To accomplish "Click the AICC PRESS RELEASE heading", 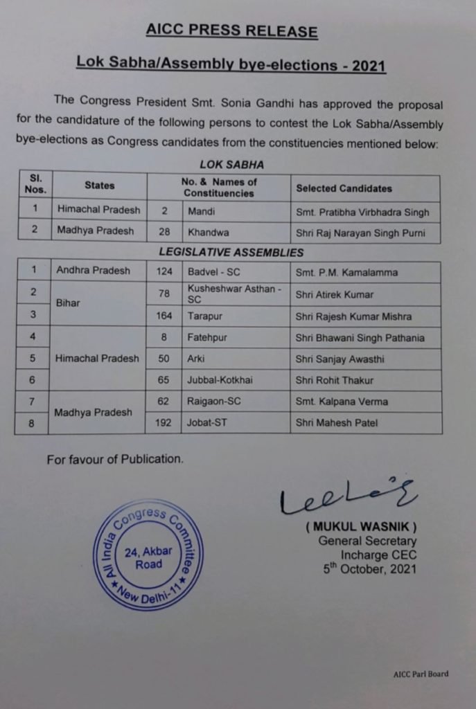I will (x=232, y=31).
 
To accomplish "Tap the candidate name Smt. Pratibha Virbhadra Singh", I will (x=362, y=212).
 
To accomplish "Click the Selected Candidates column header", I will (x=344, y=188).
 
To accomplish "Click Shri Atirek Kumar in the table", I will (x=335, y=294).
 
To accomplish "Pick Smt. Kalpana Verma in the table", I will (x=342, y=402).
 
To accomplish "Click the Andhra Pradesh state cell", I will (x=94, y=271).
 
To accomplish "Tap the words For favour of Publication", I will (x=115, y=458).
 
